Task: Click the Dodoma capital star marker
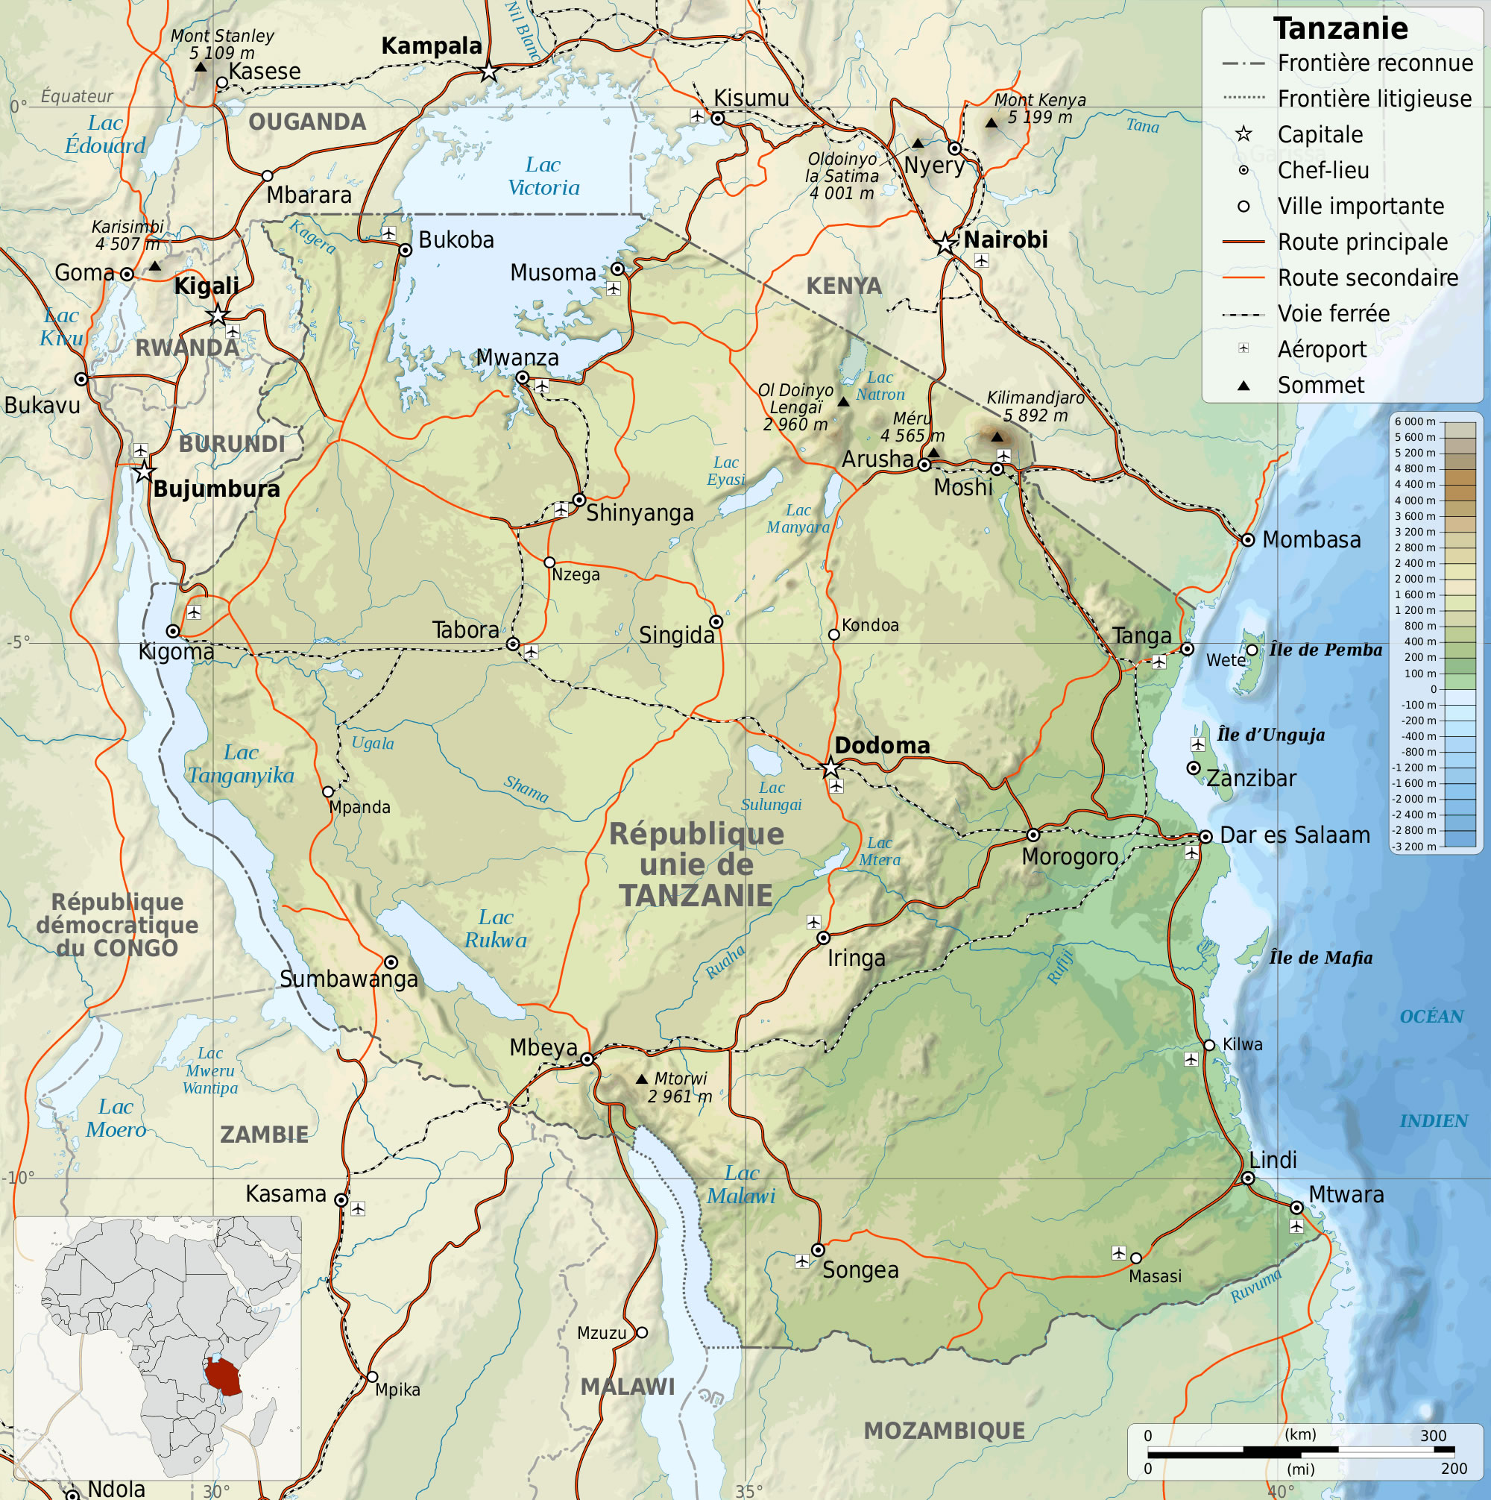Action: point(830,768)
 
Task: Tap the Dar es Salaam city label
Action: point(1295,835)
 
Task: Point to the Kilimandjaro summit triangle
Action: point(997,437)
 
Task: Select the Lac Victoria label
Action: point(543,176)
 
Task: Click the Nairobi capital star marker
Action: point(945,244)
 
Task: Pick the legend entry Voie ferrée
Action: point(1334,314)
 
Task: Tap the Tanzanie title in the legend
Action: point(1340,29)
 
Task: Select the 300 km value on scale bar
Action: point(1433,1436)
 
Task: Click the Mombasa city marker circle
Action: point(1247,540)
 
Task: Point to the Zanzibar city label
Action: point(1251,778)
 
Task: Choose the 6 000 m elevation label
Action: point(1414,421)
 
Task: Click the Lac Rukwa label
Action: point(495,929)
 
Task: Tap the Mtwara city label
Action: point(1346,1194)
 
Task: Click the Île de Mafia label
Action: point(1321,958)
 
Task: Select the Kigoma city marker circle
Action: point(173,631)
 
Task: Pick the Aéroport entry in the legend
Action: point(1322,349)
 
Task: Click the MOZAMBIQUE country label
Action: point(944,1431)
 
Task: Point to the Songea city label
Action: point(860,1270)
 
